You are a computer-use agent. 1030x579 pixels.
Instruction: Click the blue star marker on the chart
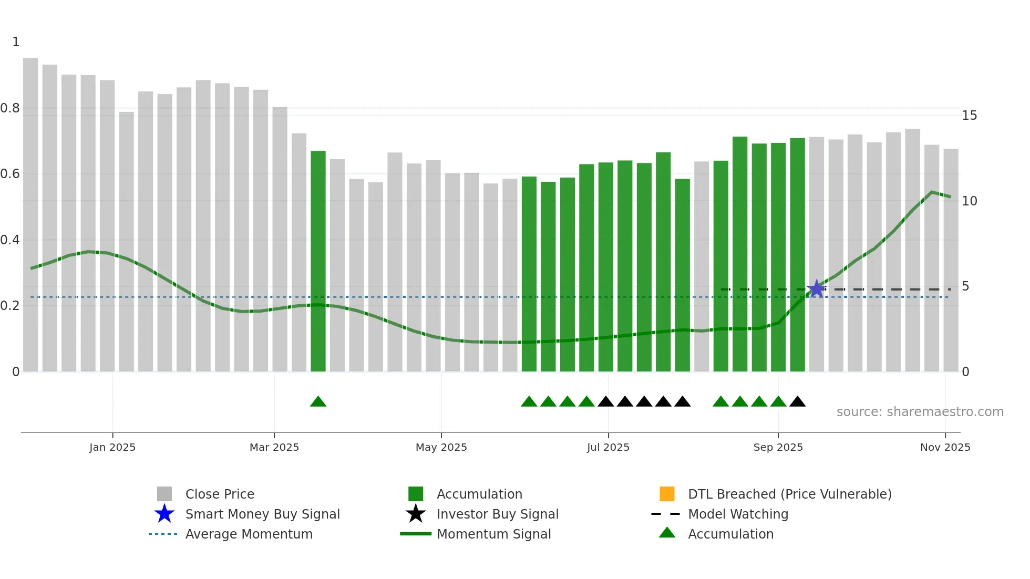[816, 288]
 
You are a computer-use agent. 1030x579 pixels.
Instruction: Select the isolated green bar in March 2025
[318, 261]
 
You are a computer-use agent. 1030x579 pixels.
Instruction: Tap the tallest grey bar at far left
[30, 214]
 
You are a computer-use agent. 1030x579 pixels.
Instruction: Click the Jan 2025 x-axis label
[112, 447]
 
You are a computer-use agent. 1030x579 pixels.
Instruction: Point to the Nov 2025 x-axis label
[945, 447]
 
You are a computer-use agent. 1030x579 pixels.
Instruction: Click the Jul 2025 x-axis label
[608, 447]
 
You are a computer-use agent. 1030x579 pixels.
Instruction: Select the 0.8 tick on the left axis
[10, 108]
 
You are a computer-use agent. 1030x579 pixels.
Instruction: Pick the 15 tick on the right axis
[969, 116]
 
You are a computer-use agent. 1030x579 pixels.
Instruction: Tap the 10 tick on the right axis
[969, 201]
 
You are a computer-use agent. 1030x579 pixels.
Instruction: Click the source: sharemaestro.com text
[920, 412]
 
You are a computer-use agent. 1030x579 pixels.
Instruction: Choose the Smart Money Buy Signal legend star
[164, 514]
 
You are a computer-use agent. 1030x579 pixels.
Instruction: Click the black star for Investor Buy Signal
[416, 514]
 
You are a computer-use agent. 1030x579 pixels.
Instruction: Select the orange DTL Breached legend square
[667, 494]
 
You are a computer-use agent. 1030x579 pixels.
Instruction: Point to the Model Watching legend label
[738, 514]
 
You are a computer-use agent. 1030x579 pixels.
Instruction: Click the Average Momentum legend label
[249, 534]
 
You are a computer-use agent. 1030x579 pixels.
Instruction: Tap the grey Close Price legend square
[164, 494]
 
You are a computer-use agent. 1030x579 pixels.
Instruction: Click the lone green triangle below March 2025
[318, 402]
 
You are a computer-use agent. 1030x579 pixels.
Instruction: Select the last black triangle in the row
[797, 402]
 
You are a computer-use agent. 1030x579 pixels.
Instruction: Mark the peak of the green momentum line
[932, 192]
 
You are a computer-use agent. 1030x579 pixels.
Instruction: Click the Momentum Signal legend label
[493, 534]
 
